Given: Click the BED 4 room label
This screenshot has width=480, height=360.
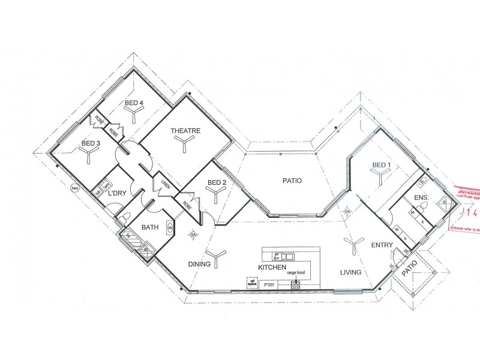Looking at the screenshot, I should (x=134, y=103).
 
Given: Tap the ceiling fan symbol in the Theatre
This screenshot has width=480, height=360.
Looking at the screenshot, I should (x=181, y=141).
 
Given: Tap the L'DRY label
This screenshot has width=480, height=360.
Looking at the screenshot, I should (x=116, y=193).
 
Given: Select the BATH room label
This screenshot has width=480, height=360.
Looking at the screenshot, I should (x=149, y=227).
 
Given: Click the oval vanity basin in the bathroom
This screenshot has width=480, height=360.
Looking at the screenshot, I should (x=170, y=228).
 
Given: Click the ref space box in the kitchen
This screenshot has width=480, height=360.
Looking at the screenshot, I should (x=252, y=281).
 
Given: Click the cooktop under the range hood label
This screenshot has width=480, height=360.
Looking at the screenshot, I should (x=296, y=286).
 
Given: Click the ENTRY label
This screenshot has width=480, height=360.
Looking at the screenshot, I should (x=382, y=245).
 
